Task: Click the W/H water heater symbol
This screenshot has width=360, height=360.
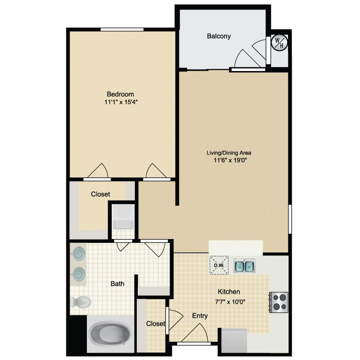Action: click(x=279, y=42)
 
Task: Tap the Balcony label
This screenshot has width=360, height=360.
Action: click(x=218, y=36)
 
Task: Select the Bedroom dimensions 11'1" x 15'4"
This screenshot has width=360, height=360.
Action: click(x=121, y=102)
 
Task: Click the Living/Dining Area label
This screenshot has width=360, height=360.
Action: click(x=229, y=153)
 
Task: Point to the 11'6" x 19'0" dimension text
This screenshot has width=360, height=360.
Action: click(x=230, y=160)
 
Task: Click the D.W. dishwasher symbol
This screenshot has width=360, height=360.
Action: click(x=219, y=265)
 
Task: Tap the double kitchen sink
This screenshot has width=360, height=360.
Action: click(x=244, y=265)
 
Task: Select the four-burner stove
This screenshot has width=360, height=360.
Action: click(x=279, y=302)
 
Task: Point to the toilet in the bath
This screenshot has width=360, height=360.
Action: click(x=81, y=302)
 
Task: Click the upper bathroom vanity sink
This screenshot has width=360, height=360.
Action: click(x=79, y=254)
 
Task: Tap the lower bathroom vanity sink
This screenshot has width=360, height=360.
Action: click(x=79, y=274)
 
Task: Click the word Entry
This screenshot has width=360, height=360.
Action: click(x=200, y=316)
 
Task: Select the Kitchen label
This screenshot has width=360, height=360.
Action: click(x=229, y=291)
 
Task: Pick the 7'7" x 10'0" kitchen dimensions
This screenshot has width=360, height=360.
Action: click(x=230, y=302)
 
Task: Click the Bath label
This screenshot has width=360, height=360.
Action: click(x=117, y=284)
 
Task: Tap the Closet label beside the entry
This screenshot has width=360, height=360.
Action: click(x=156, y=324)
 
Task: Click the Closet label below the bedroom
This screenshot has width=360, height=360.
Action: click(x=100, y=194)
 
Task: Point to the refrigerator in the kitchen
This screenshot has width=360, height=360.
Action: click(x=234, y=341)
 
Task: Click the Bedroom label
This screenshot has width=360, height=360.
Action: click(x=120, y=94)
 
